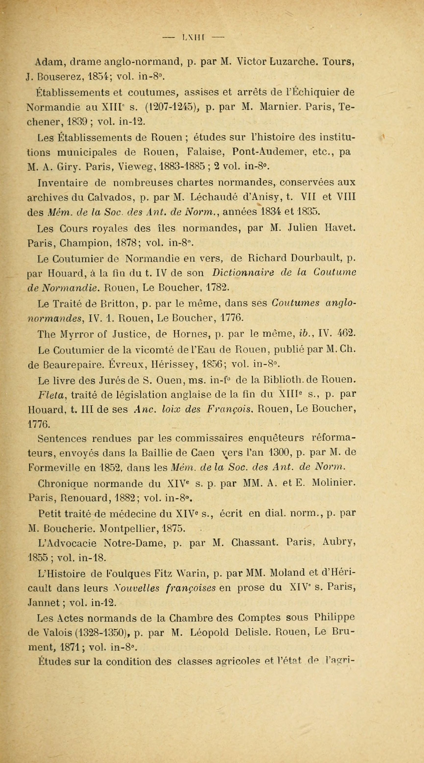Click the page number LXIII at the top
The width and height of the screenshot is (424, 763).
tap(194, 38)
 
